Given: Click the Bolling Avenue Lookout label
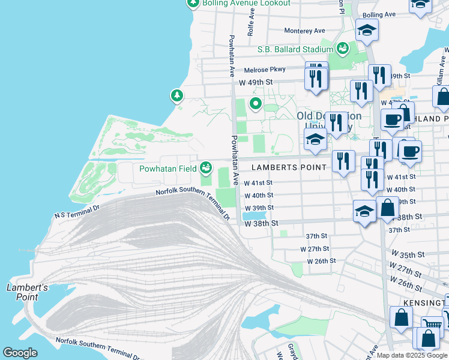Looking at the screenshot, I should click(246, 3).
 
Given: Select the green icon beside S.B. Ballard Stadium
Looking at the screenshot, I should click(344, 47).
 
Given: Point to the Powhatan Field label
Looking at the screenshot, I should click(168, 169).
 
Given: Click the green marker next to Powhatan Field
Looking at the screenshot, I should click(206, 167).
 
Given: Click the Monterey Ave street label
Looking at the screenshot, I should click(304, 31).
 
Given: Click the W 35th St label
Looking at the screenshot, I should click(408, 254).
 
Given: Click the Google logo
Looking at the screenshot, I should click(20, 353).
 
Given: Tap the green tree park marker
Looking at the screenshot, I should click(176, 95).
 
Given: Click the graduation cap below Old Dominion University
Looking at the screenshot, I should click(315, 140).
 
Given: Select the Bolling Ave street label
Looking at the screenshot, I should click(379, 14).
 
